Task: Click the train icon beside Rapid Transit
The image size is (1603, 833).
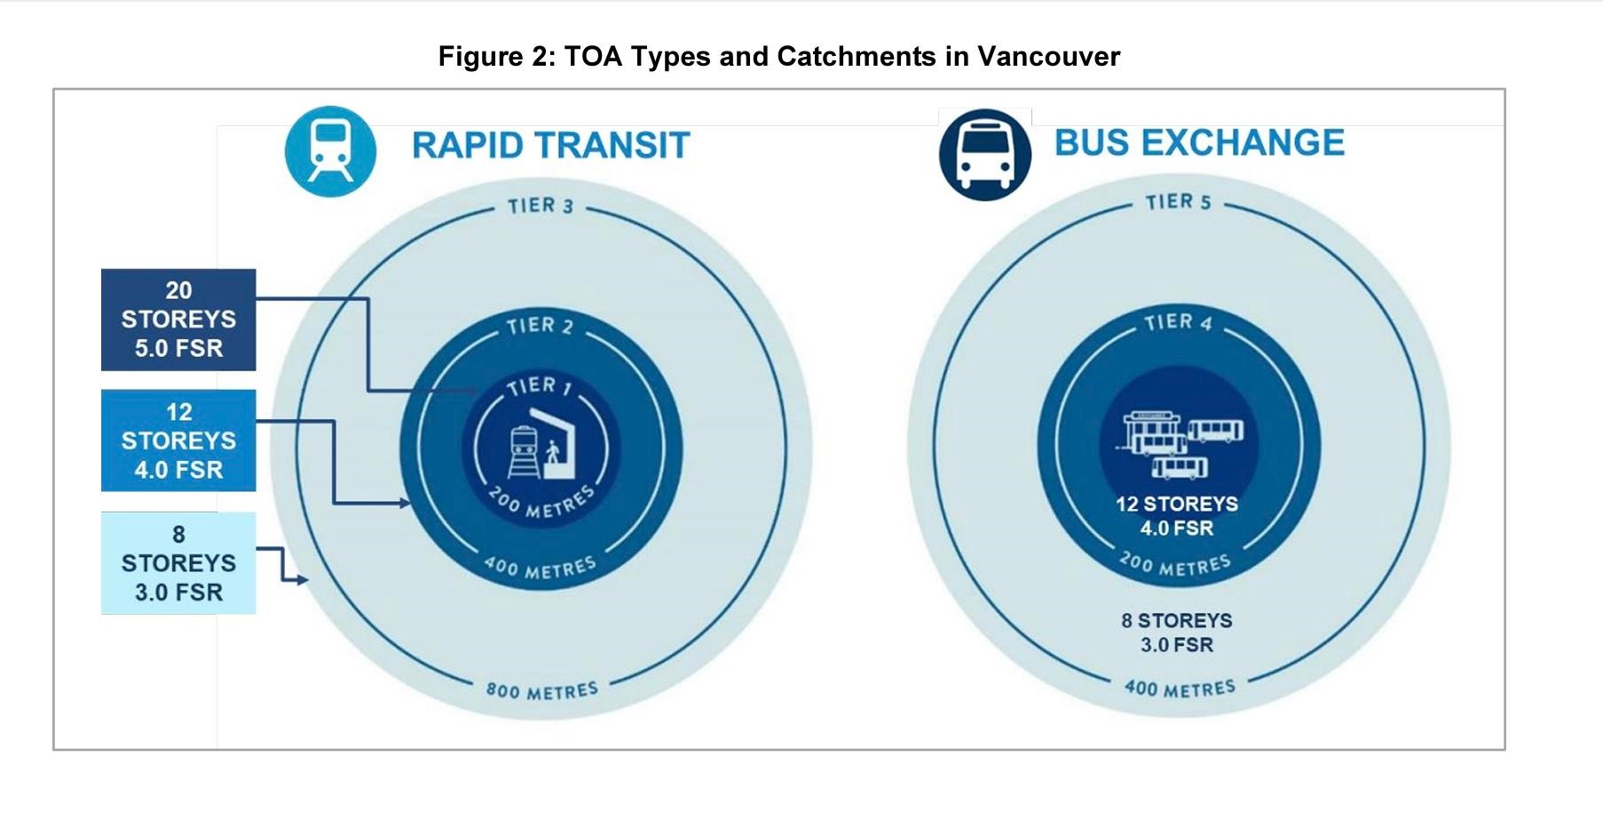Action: tap(330, 151)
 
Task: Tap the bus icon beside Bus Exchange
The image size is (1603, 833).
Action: tap(985, 155)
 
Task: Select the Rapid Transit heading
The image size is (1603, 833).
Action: tap(550, 145)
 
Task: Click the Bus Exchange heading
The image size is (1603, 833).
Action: tap(1199, 142)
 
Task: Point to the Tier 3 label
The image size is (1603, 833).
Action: tap(541, 206)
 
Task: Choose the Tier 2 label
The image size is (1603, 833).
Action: tap(541, 326)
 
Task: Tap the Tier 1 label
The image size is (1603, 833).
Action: tap(540, 386)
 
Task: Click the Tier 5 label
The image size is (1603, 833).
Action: tap(1178, 202)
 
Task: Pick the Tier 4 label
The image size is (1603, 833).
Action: tap(1178, 321)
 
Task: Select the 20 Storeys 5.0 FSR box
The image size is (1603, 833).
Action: tap(178, 320)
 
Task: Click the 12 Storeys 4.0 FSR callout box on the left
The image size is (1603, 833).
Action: tap(178, 440)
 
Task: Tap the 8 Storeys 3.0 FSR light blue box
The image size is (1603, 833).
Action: tap(178, 563)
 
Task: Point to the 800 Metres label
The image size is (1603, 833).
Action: tap(541, 690)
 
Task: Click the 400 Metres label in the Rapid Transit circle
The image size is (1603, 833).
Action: tap(540, 567)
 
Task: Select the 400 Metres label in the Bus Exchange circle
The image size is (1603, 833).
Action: tap(1180, 687)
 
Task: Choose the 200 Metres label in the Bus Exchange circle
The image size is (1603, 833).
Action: tap(1175, 563)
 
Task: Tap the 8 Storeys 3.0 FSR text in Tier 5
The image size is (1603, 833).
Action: tap(1177, 632)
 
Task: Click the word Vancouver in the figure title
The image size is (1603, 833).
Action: tap(1048, 56)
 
